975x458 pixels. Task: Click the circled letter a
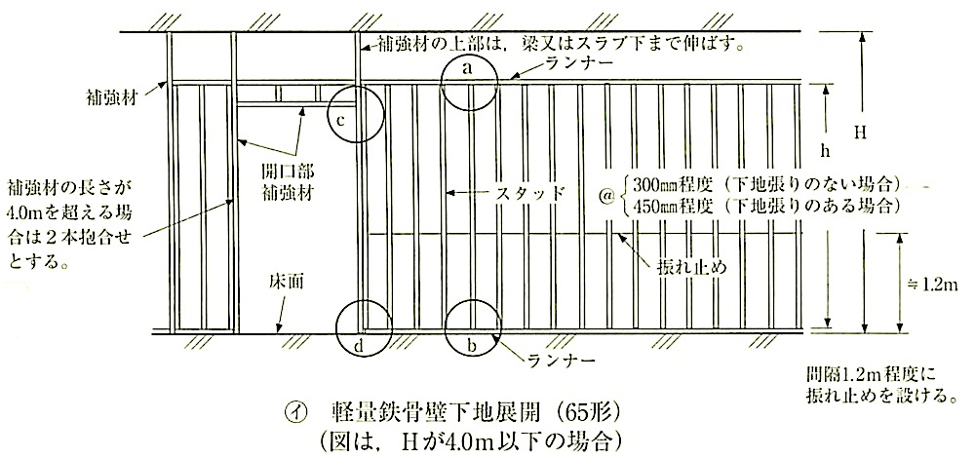tap(470, 69)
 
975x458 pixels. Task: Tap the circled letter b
tap(472, 347)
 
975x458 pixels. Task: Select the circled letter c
tap(340, 120)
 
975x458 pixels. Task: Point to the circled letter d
tap(359, 347)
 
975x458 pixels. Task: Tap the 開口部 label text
tap(288, 172)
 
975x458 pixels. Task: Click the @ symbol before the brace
tap(611, 194)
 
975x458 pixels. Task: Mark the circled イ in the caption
tap(292, 413)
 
